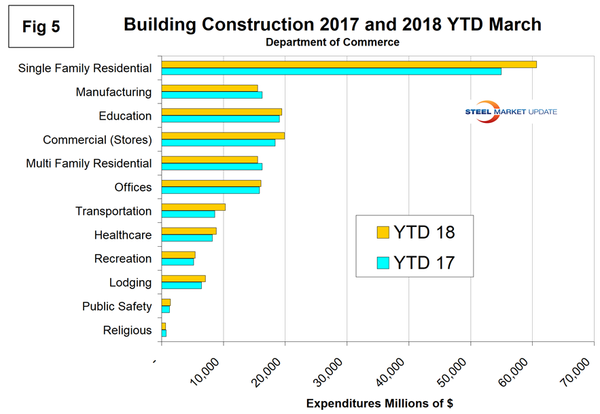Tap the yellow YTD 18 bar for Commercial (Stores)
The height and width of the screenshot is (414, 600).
(x=223, y=136)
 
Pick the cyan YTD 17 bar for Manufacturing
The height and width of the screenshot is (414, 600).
(x=211, y=95)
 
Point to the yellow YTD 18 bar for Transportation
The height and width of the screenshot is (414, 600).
(x=193, y=207)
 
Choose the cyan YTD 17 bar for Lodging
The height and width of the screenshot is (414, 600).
(x=181, y=286)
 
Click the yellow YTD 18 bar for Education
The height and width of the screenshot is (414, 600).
(x=222, y=112)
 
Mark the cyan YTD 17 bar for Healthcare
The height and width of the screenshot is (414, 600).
(x=187, y=238)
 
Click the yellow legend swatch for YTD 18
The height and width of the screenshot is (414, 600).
(x=383, y=232)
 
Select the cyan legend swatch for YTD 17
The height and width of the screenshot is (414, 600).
(x=383, y=262)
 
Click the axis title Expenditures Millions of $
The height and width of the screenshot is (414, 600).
(x=379, y=403)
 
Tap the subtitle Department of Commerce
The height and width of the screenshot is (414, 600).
(x=332, y=42)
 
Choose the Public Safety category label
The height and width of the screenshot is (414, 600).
(x=117, y=307)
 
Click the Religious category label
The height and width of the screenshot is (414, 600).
(x=127, y=330)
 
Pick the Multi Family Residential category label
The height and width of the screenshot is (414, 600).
(x=88, y=164)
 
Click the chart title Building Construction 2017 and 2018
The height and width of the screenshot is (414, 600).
(x=332, y=24)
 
